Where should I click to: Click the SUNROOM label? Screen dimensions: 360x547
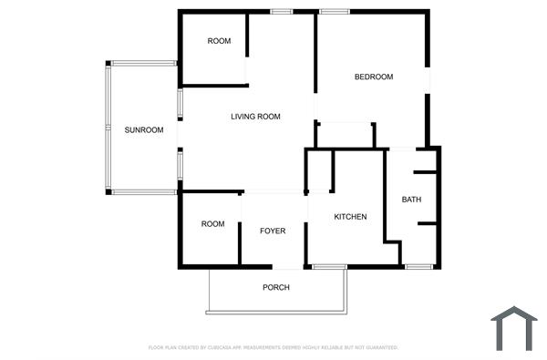click(x=144, y=130)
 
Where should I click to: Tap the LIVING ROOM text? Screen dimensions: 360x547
click(x=255, y=117)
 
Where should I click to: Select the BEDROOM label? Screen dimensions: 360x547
click(x=374, y=77)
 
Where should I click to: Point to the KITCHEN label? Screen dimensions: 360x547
click(x=350, y=217)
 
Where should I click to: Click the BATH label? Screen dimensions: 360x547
click(x=411, y=201)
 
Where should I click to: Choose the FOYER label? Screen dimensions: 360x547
click(x=273, y=231)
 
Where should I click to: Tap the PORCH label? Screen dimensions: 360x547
click(x=276, y=288)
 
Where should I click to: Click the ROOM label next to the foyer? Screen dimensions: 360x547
click(x=212, y=224)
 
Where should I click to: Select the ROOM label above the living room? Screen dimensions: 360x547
click(x=219, y=41)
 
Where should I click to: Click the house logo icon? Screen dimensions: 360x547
click(x=514, y=329)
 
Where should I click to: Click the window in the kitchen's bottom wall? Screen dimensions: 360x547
click(x=328, y=266)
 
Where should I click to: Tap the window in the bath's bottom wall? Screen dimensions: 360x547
click(x=418, y=266)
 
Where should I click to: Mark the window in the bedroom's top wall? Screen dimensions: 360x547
click(x=334, y=11)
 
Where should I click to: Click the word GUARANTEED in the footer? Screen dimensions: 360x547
click(x=381, y=348)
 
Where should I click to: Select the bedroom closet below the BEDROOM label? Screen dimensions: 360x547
click(x=345, y=134)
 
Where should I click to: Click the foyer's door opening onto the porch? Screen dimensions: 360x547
click(x=289, y=266)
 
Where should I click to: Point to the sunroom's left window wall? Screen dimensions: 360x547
click(x=108, y=128)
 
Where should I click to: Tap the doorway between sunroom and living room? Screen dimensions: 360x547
click(x=179, y=133)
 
